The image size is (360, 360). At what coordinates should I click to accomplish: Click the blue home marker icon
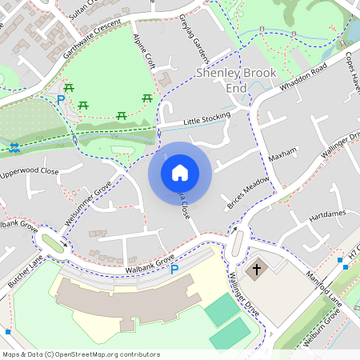(x=180, y=173)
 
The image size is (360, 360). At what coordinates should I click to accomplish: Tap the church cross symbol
(x=256, y=270)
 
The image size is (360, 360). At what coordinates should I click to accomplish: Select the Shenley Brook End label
(x=237, y=79)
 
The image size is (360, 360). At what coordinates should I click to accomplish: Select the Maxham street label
(x=282, y=151)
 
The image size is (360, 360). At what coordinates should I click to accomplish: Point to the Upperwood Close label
(x=30, y=172)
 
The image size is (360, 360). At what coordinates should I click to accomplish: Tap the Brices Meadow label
(x=247, y=193)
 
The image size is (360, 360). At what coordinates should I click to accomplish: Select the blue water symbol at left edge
(x=14, y=147)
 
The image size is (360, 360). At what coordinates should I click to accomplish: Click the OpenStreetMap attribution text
(x=80, y=354)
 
